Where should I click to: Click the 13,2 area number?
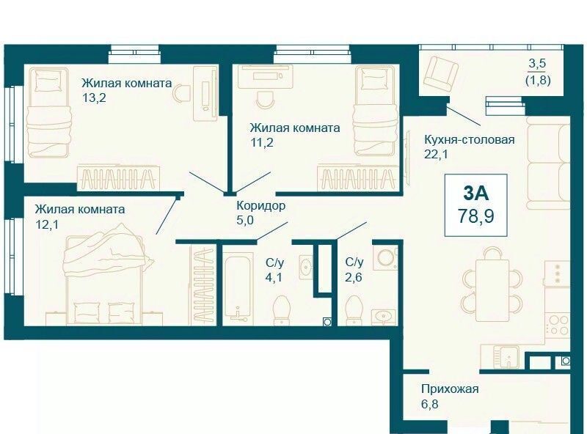coord(94,98)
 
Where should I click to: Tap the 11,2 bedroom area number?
coord(261,142)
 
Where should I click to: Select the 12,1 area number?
coord(46,224)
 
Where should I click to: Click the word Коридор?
coord(261,206)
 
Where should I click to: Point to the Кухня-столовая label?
coord(469,140)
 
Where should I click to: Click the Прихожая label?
coord(450,389)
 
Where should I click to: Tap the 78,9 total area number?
coord(475,216)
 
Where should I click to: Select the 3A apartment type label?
coord(475,193)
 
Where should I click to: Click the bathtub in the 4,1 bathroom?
coord(238,286)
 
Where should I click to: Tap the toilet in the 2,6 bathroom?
coord(354,310)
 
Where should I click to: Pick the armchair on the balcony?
coord(441,73)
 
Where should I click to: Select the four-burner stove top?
coord(558,324)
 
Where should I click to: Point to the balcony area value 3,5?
coord(537,63)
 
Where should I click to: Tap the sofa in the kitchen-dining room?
coord(547,163)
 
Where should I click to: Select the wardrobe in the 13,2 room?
coord(119,178)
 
